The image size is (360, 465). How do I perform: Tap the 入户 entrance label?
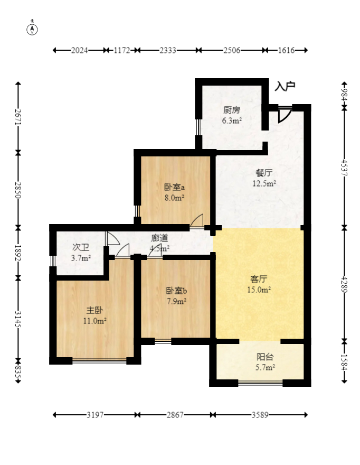coord(285,86)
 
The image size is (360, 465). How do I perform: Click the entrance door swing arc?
coord(285,116)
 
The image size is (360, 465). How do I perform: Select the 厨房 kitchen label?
coord(232,110)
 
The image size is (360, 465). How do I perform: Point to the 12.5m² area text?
coord(264,183)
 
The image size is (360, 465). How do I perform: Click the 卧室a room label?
coord(175,187)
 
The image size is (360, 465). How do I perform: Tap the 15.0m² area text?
coord(259,290)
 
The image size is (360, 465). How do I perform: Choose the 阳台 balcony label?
coord(265,357)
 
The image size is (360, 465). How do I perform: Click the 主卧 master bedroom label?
coord(94,310)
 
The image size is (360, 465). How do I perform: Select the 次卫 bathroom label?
coord(81,247)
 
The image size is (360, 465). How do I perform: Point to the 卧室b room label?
coord(176,291)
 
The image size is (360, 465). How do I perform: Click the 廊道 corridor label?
coord(160,238)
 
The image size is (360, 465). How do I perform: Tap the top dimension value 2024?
coord(79,50)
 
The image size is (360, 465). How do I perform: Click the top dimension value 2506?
coord(232,50)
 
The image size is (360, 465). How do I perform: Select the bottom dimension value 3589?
coord(260,415)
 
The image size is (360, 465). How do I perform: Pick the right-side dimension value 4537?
coord(344,168)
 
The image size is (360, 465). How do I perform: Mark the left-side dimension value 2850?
coord(18,190)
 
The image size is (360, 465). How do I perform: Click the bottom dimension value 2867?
coord(175,415)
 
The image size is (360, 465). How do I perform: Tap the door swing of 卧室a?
coord(197,221)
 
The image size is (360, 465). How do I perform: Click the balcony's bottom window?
coord(260,383)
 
